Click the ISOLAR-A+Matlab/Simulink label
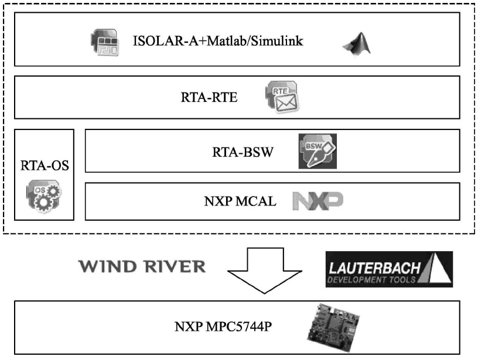[x=218, y=42]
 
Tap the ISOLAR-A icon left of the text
[x=105, y=42]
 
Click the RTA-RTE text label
[x=209, y=97]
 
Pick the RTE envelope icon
[x=282, y=97]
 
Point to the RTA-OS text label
[x=45, y=165]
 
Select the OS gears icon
[x=43, y=196]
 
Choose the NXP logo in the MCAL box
[x=317, y=201]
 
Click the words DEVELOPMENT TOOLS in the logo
[x=373, y=280]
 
